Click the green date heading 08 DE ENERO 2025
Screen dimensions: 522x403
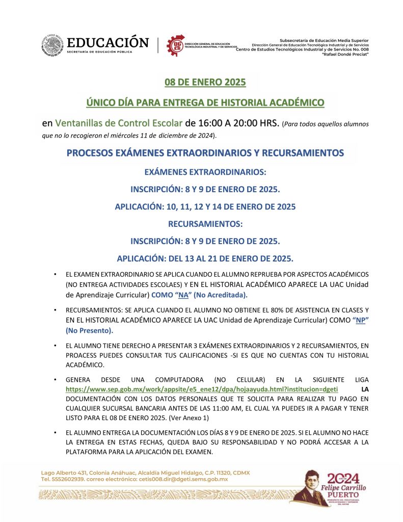(205, 82)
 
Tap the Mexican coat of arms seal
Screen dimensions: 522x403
(52, 46)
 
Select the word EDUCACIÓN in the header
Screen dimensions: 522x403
(108, 42)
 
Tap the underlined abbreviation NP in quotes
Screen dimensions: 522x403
(361, 320)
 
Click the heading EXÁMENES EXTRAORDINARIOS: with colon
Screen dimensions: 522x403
(205, 172)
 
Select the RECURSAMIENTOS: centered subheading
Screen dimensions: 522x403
(205, 224)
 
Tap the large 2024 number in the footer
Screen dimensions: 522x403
(343, 478)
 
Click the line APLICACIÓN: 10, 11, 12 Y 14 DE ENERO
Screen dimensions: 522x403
(205, 207)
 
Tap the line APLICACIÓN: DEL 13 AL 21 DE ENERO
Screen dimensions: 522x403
(205, 258)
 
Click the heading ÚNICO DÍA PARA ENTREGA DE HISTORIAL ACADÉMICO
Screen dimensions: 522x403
(205, 102)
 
